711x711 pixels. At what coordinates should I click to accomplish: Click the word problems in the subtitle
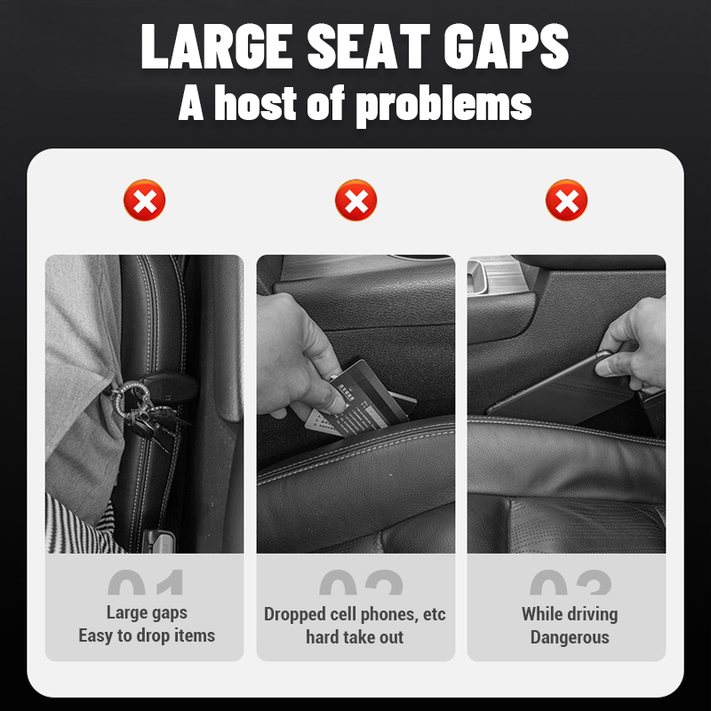pyautogui.click(x=443, y=103)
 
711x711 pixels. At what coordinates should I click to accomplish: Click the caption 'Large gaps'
pyautogui.click(x=147, y=612)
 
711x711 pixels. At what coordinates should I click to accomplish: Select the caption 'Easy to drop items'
pyautogui.click(x=147, y=635)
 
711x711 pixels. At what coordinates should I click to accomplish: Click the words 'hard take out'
pyautogui.click(x=355, y=637)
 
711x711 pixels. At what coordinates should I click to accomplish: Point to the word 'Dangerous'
pyautogui.click(x=570, y=637)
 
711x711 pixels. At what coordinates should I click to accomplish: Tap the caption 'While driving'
pyautogui.click(x=570, y=613)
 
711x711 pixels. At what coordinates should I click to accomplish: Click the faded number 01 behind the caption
pyautogui.click(x=147, y=583)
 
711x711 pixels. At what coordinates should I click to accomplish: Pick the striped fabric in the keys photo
pyautogui.click(x=76, y=524)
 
